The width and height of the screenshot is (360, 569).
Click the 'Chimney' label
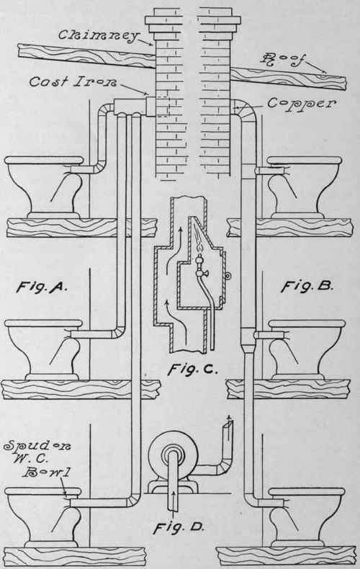pyautogui.click(x=99, y=35)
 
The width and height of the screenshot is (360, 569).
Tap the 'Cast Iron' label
pyautogui.click(x=73, y=81)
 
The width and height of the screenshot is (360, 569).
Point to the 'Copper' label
pyautogui.click(x=301, y=104)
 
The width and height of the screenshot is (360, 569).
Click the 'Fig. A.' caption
pyautogui.click(x=42, y=287)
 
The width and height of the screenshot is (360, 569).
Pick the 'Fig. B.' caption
pyautogui.click(x=307, y=287)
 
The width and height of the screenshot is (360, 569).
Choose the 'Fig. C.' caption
pyautogui.click(x=193, y=369)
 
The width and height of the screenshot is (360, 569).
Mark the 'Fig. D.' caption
pyautogui.click(x=179, y=527)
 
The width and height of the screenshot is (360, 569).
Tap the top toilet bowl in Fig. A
pyautogui.click(x=44, y=187)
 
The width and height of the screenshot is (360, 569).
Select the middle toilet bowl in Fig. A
pyautogui.click(x=42, y=350)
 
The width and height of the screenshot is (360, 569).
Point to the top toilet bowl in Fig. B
pyautogui.click(x=304, y=187)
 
